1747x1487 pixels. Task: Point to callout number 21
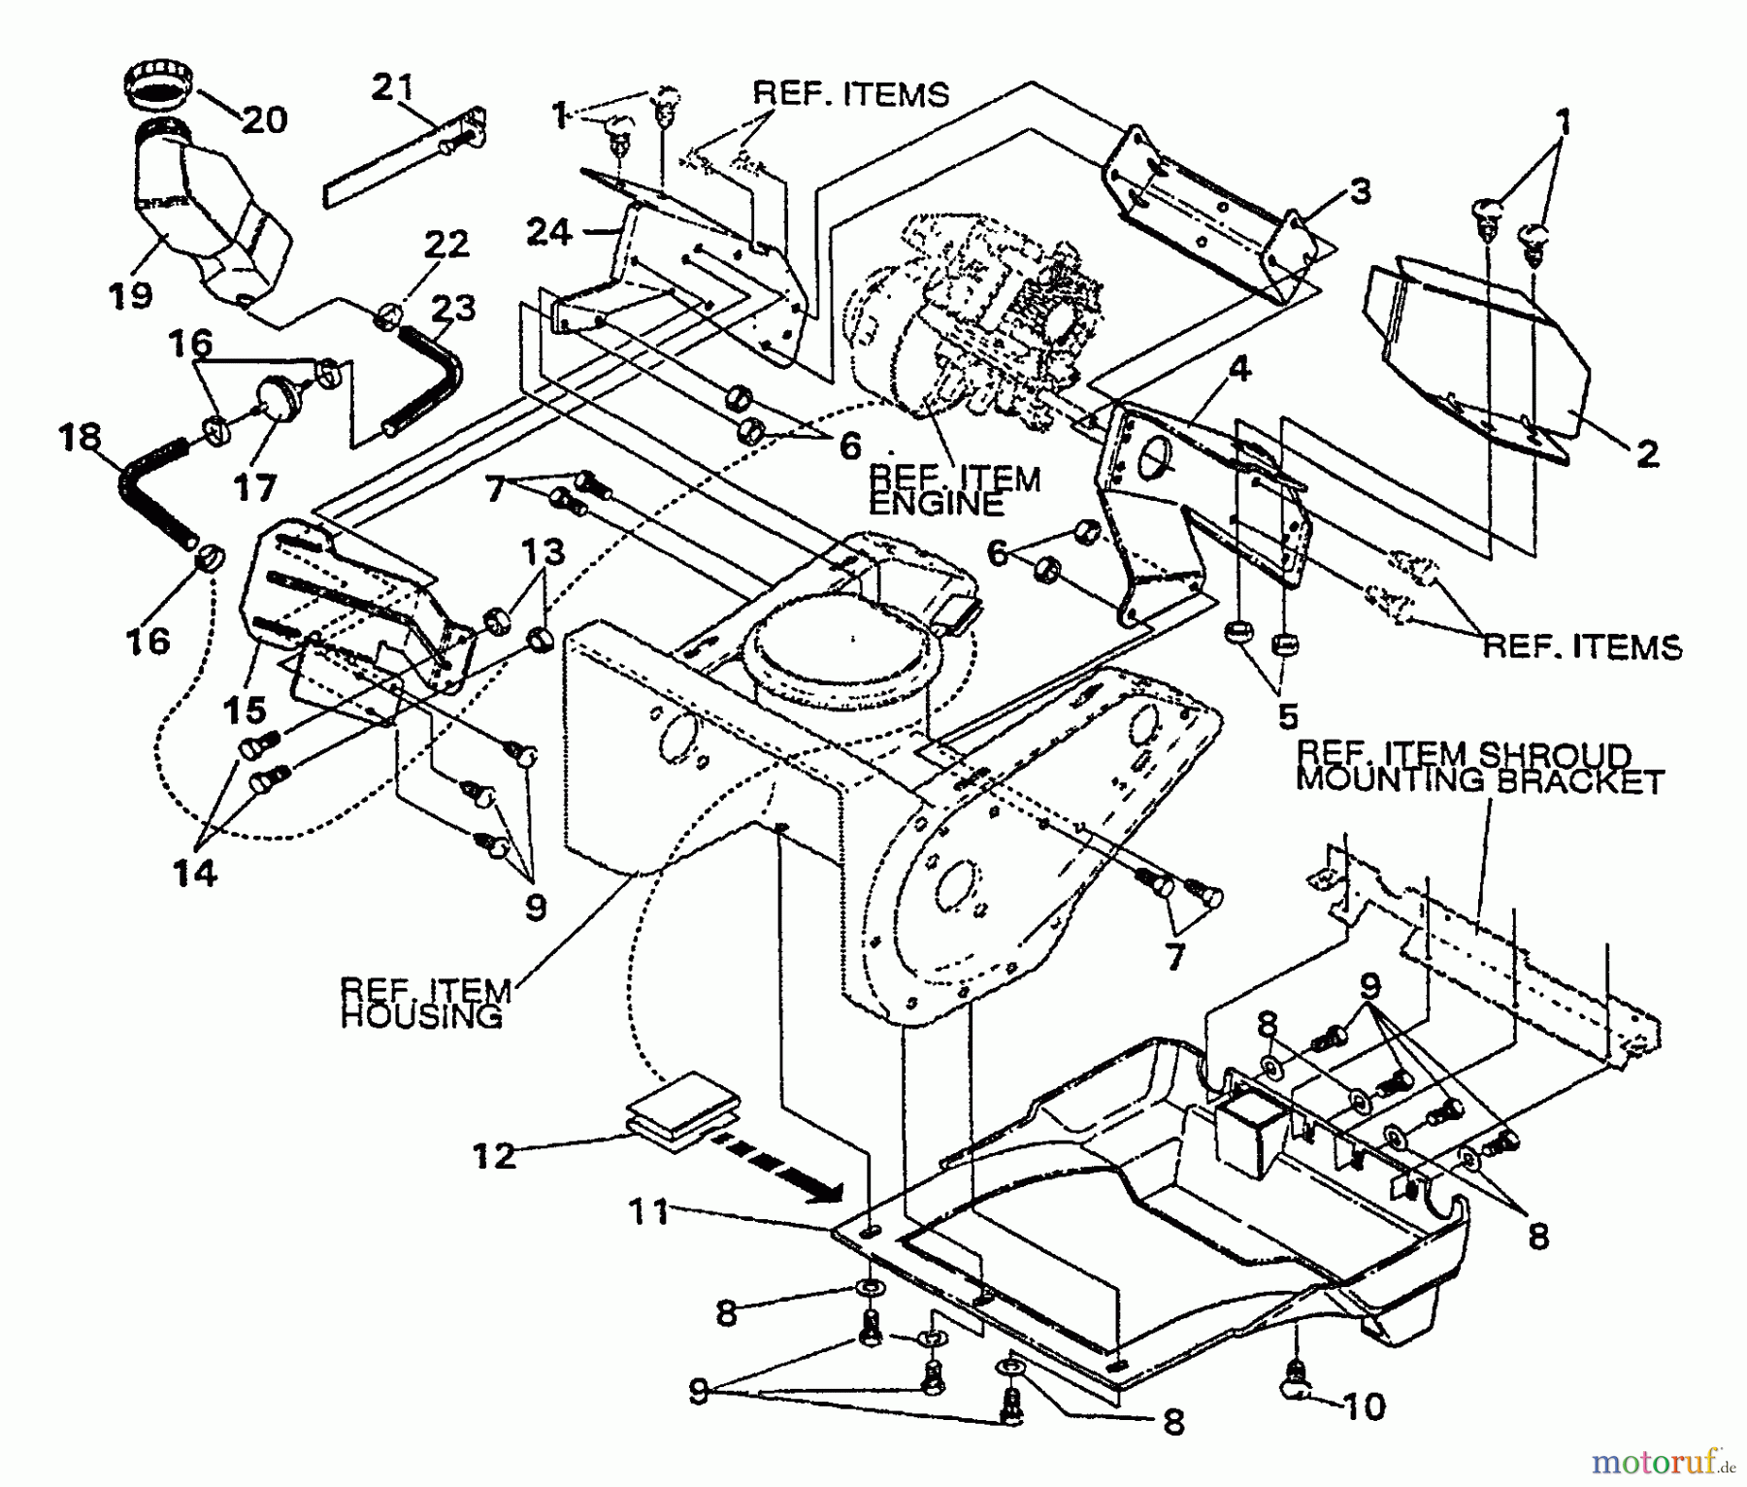393,87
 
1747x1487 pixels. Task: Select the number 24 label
549,232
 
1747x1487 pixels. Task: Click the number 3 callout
1361,191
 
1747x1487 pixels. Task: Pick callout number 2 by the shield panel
1647,453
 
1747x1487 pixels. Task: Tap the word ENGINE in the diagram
936,504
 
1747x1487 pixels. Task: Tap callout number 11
648,1211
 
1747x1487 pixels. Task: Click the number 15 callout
245,710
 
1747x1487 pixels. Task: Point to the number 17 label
254,486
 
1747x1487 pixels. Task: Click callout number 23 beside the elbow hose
453,308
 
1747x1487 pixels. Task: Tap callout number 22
445,244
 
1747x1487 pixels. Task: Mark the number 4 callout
1239,370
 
